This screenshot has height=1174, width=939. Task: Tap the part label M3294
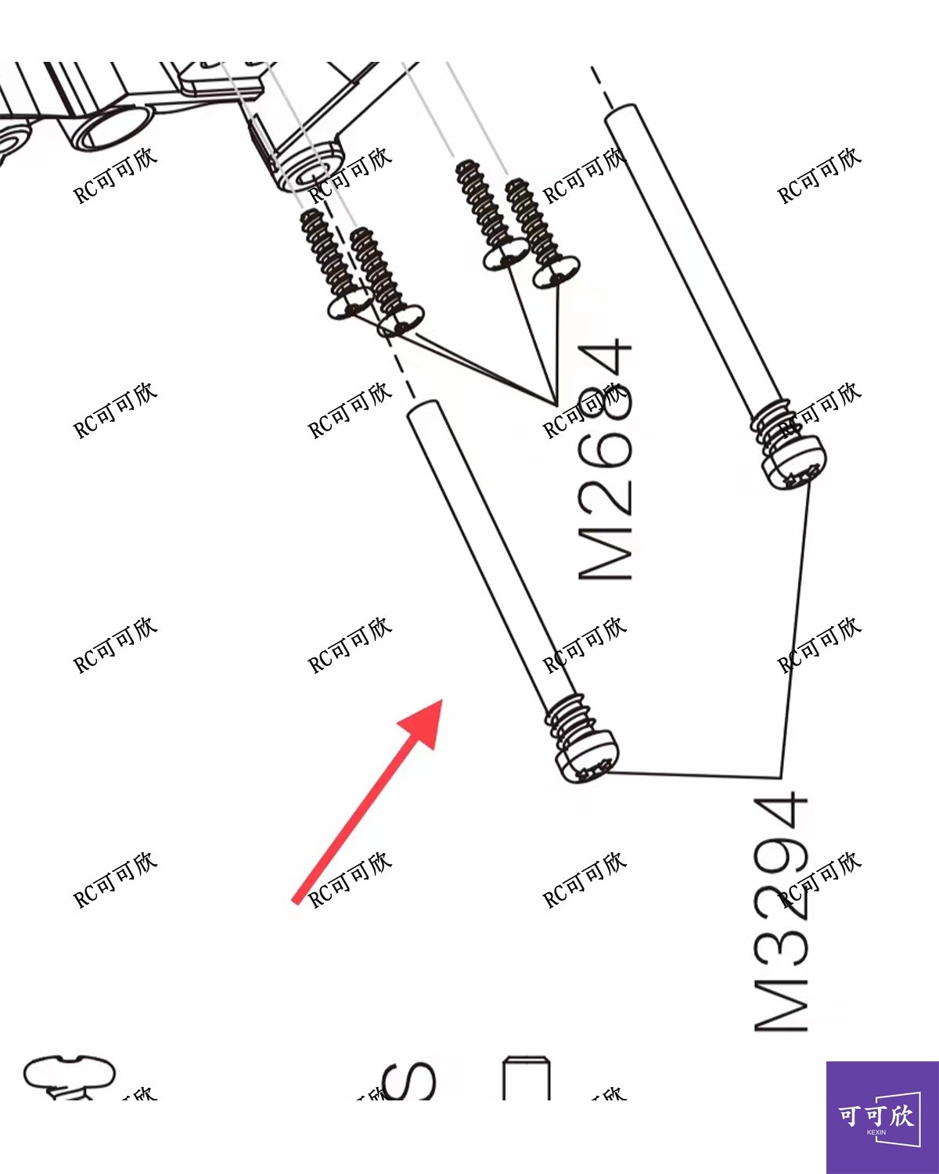coord(780,912)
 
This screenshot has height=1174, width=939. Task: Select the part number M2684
coord(605,460)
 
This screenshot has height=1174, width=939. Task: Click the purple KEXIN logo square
coord(882,1117)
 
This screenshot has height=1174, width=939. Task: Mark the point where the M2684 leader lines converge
coord(554,403)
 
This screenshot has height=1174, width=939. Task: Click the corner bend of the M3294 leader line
coord(781,777)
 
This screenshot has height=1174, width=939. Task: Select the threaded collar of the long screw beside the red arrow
coord(569,717)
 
